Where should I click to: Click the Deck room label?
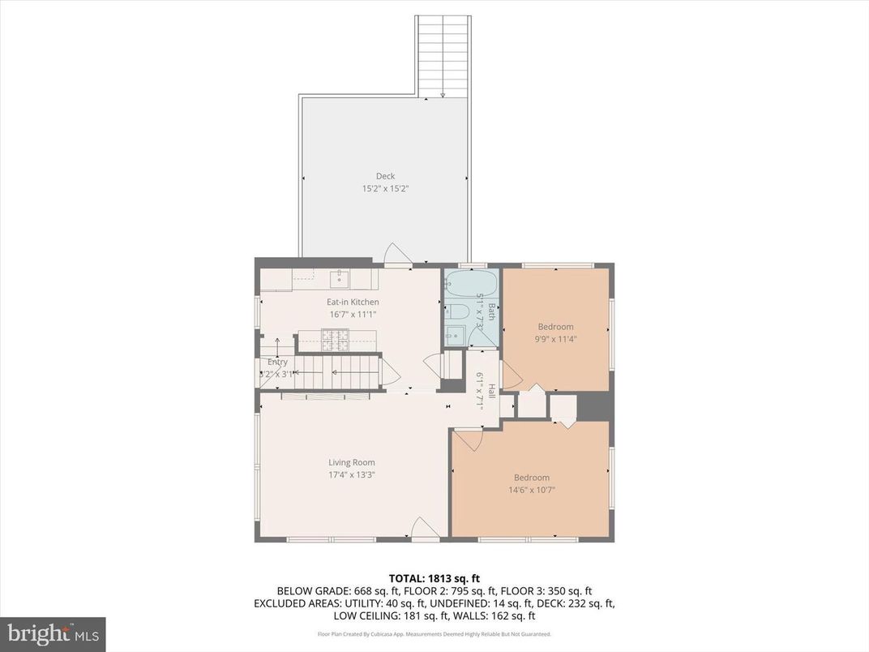pos(385,176)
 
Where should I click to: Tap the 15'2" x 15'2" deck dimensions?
pos(385,189)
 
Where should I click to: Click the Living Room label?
pos(352,462)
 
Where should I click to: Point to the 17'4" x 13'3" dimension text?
pos(352,474)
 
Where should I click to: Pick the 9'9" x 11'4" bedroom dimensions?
pos(555,340)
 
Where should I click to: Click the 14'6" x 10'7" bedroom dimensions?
pos(532,490)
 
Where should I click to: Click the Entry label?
pos(277,362)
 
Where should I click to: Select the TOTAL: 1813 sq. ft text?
pos(434,578)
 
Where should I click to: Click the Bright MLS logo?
pos(53,633)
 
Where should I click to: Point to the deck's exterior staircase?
pos(443,55)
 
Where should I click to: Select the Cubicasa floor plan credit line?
pos(434,634)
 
